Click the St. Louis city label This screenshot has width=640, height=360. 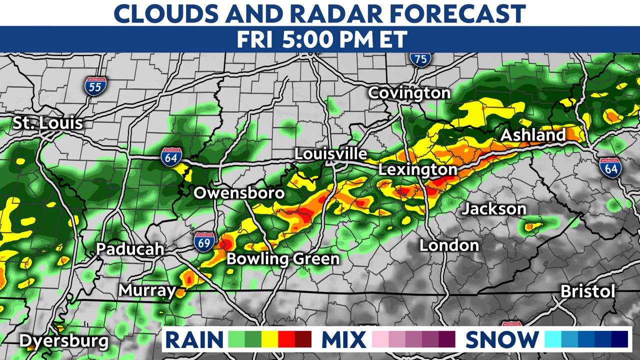pyautogui.click(x=48, y=123)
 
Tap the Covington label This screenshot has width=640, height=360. pyautogui.click(x=409, y=93)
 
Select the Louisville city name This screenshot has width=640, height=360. pyautogui.click(x=330, y=154)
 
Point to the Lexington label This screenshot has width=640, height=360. pyautogui.click(x=417, y=170)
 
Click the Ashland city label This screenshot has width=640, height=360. pyautogui.click(x=533, y=135)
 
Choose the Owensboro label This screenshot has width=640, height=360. pyautogui.click(x=239, y=193)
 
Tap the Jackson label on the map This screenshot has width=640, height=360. pyautogui.click(x=493, y=208)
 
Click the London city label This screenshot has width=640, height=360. pyautogui.click(x=449, y=245)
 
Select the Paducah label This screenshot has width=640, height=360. pyautogui.click(x=130, y=249)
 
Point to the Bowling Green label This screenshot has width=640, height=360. pyautogui.click(x=283, y=259)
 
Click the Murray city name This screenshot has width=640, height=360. pyautogui.click(x=147, y=290)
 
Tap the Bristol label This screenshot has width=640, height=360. pyautogui.click(x=587, y=291)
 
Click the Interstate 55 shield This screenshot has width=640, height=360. pyautogui.click(x=94, y=86)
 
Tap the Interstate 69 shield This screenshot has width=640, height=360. pyautogui.click(x=204, y=241)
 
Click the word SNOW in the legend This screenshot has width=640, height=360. pyautogui.click(x=502, y=340)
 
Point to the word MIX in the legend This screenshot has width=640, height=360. pyautogui.click(x=343, y=340)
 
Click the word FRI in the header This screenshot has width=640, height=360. pyautogui.click(x=255, y=40)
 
